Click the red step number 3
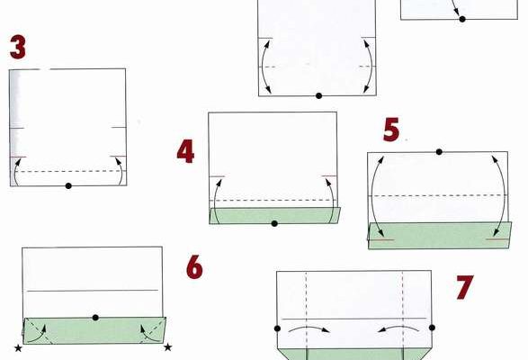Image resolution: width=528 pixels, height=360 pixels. (18, 47)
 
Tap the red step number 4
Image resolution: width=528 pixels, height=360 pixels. (185, 152)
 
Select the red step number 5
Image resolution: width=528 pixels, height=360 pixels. (391, 130)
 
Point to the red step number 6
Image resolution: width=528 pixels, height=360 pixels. (195, 267)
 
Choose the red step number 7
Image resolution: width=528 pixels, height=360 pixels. (465, 287)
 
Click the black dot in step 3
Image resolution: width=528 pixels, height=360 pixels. (68, 185)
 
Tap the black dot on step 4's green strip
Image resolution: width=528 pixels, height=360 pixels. (274, 223)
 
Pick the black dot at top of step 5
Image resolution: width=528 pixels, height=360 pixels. (439, 152)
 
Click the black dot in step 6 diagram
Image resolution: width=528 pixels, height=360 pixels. (95, 318)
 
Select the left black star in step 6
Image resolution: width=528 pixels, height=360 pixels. (18, 348)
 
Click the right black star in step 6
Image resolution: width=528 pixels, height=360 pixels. (167, 346)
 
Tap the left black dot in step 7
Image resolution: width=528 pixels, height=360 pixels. (277, 328)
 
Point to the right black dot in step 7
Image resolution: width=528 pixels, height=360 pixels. (433, 328)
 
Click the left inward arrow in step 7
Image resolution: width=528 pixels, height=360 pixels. (309, 328)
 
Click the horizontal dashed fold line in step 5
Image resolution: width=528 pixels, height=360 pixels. (438, 195)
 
